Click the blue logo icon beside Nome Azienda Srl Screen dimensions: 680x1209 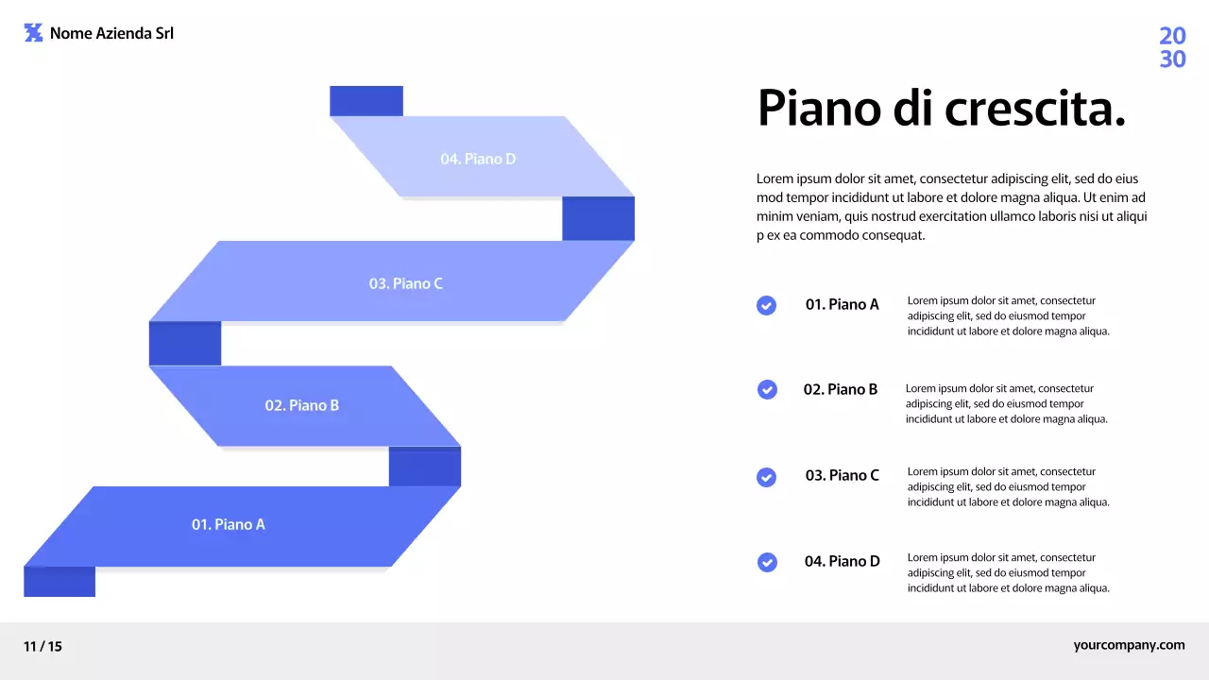(33, 33)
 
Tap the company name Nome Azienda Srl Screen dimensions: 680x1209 (111, 33)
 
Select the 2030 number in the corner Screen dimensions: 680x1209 (1172, 48)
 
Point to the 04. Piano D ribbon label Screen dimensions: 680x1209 (478, 159)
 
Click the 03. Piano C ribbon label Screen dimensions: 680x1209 (405, 283)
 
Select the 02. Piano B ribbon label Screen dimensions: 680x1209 (301, 405)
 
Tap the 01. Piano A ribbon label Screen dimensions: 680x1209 (229, 524)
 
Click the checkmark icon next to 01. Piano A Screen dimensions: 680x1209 (767, 305)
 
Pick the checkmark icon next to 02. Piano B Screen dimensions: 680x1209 (767, 389)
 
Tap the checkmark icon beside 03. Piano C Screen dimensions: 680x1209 (767, 477)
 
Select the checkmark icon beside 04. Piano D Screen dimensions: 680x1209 (767, 562)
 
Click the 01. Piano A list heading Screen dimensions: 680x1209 (842, 304)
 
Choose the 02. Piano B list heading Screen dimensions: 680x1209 (840, 389)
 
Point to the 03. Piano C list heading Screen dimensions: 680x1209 (842, 475)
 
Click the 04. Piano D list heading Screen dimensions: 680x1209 (842, 561)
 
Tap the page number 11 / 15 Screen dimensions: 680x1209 (43, 647)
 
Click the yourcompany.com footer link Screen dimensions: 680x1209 (1129, 645)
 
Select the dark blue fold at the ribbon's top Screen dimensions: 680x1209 (366, 101)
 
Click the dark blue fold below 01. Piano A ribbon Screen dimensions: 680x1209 (60, 582)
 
